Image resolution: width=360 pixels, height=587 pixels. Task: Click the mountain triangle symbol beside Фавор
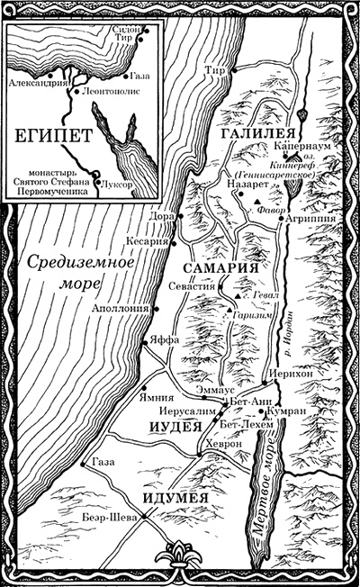258,202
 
